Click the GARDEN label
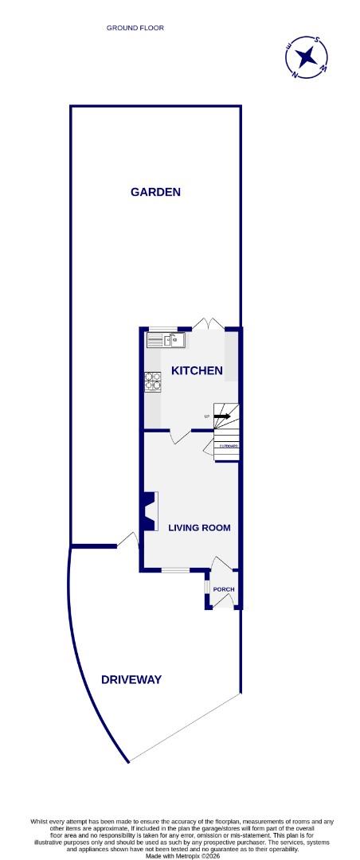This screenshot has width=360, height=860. tap(156, 192)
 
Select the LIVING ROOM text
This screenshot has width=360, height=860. tap(199, 528)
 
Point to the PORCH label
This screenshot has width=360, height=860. tap(224, 589)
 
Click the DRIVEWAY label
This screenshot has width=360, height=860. tap(131, 679)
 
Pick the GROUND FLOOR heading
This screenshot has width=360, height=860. tap(135, 28)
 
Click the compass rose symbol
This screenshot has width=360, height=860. tap(307, 57)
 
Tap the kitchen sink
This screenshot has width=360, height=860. tap(166, 341)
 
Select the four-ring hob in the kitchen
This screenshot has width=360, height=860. tap(152, 382)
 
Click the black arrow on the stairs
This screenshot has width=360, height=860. tap(223, 416)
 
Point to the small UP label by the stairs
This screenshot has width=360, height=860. tap(207, 417)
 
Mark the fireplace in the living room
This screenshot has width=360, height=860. tap(149, 511)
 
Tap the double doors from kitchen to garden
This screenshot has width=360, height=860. tap(209, 324)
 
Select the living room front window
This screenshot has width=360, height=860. tap(174, 570)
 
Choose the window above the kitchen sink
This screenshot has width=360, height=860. tap(163, 329)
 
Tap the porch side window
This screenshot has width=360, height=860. tap(207, 588)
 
